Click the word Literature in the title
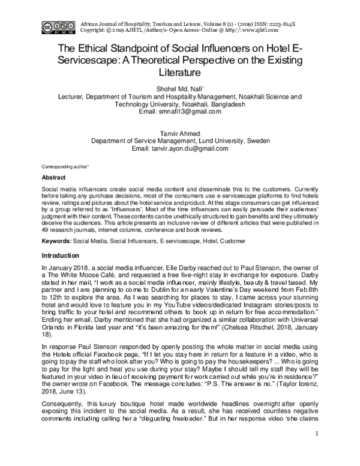click(179, 73)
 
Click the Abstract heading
click(53, 178)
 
